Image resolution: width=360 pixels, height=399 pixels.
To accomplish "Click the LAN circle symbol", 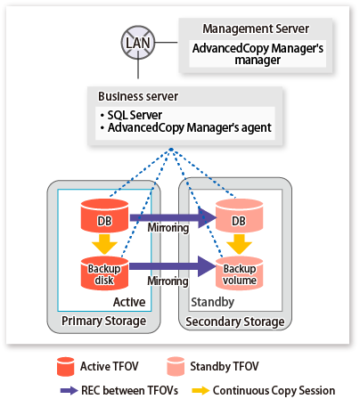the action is coord(138,43).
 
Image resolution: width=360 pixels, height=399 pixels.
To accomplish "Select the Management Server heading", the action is coord(256,28).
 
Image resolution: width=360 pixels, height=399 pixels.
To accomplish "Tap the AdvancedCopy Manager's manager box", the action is coord(258,53).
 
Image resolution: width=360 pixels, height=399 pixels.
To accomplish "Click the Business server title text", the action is coord(138,96).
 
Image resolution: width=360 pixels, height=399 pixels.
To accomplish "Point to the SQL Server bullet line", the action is coord(132,115).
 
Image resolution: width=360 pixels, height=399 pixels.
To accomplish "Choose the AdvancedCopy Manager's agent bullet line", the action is coord(186,127).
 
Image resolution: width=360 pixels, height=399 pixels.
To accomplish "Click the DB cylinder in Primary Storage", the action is coord(104,216).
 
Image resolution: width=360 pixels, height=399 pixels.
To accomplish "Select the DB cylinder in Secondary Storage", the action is coord(239,216).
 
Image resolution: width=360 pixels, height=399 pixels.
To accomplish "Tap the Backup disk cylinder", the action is coord(104,273).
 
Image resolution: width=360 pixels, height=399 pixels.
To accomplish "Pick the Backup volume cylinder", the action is coord(239,273).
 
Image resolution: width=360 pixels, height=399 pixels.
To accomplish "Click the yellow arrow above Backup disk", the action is coord(104,244).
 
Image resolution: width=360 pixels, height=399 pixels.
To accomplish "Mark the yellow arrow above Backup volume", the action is coord(239,244).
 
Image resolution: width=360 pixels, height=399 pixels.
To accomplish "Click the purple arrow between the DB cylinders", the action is coord(173,217).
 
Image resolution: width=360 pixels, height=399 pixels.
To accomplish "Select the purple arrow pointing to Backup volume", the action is coord(173,266).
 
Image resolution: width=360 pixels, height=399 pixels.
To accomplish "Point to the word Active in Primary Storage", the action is coord(129,302).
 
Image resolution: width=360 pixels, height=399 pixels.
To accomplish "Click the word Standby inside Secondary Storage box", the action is coord(212,302).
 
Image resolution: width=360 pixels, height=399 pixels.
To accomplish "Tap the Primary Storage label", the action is coord(103,322).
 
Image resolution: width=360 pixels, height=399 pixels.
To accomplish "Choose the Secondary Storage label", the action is coord(235,322).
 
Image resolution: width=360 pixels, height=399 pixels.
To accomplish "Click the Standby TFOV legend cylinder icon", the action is coord(176,367).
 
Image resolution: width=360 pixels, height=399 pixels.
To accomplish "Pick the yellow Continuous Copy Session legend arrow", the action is coord(200,390).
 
